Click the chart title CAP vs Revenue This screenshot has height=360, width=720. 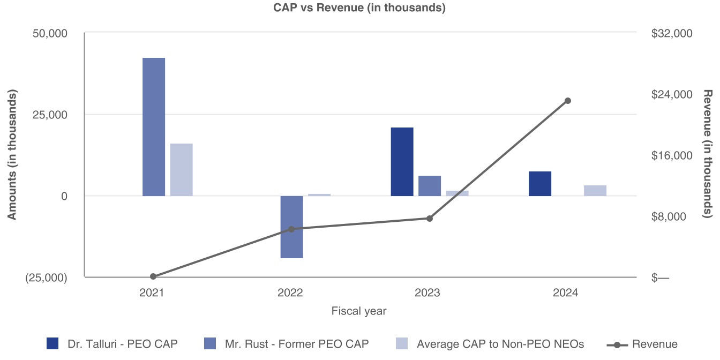[359, 8]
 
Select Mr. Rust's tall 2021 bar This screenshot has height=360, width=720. [154, 126]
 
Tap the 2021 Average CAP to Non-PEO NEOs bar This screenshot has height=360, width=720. [181, 169]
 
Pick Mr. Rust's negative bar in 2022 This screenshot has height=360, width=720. [291, 227]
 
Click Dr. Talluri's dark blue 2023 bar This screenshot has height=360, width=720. [402, 161]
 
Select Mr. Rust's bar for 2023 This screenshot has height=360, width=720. [430, 185]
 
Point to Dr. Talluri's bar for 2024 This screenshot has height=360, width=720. [540, 183]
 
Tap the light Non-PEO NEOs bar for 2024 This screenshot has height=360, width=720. [595, 190]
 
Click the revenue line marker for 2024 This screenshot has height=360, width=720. [568, 101]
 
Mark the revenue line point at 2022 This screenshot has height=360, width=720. [291, 229]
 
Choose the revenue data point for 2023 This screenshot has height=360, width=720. [430, 218]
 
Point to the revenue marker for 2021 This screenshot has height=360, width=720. [153, 276]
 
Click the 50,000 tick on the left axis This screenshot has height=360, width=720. [50, 33]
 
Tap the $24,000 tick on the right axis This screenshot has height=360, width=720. [672, 94]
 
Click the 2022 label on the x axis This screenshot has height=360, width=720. [290, 293]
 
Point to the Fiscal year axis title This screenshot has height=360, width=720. [359, 311]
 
